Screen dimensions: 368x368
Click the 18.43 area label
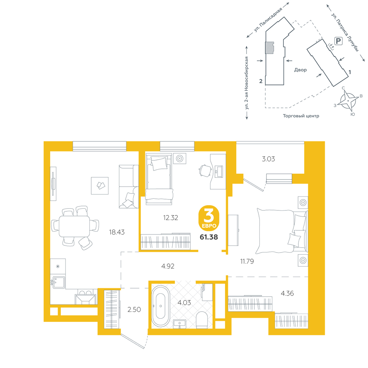point(117,232)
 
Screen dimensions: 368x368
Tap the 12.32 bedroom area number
point(171,217)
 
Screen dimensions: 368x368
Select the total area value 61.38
point(209,237)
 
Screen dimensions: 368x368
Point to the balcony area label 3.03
point(268,159)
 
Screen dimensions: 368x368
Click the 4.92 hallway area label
point(168,266)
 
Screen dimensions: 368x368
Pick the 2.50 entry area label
point(134,309)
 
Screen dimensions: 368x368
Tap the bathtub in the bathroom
point(160,306)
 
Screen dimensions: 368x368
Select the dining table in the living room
point(74,226)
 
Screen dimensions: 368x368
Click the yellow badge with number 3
point(209,218)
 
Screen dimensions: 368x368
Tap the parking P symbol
point(338,41)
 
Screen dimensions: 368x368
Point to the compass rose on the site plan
point(348,101)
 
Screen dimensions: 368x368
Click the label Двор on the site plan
point(300,70)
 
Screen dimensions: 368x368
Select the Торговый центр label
point(301,116)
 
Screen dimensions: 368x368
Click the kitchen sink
point(58,282)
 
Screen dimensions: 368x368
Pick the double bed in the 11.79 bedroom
point(282,231)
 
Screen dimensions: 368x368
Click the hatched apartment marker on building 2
point(269,47)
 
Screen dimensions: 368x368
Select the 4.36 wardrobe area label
point(287,293)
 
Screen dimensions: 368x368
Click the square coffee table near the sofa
point(100,185)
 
